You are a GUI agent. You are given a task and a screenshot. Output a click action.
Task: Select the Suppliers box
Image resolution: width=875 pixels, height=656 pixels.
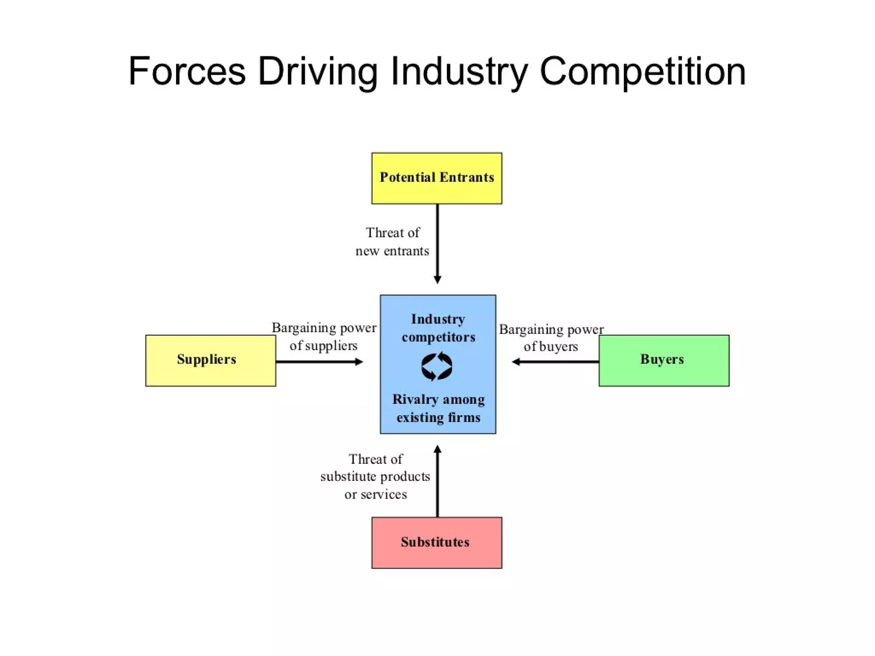tap(210, 360)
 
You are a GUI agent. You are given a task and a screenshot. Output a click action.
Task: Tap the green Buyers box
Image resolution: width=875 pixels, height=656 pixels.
tap(664, 360)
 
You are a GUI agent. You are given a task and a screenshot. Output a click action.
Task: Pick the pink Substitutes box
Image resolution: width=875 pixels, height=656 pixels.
tap(437, 542)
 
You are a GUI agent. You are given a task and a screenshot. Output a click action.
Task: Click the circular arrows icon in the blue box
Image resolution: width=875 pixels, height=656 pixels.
tap(437, 366)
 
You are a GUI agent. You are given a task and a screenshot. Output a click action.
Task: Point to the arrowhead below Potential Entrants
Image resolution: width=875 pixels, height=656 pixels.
tap(437, 280)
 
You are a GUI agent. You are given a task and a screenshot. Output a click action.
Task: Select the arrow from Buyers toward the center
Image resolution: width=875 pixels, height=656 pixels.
tap(555, 362)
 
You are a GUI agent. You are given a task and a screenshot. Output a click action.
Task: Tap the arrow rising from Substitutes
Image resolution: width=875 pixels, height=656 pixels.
tap(437, 483)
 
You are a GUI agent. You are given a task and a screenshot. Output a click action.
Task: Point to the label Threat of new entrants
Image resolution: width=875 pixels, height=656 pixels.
tap(392, 242)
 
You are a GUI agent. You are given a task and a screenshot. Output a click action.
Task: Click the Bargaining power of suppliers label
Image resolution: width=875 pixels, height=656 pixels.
tap(324, 337)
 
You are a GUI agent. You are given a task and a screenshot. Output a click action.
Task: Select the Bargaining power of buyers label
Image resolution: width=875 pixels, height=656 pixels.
tap(551, 337)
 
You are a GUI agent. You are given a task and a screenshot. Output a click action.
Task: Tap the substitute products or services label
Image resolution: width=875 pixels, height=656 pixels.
tap(375, 477)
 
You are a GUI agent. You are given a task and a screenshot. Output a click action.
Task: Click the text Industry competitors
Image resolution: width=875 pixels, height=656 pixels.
tap(438, 328)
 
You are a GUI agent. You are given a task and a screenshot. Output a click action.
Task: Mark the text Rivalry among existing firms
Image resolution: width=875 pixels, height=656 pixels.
tap(438, 408)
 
